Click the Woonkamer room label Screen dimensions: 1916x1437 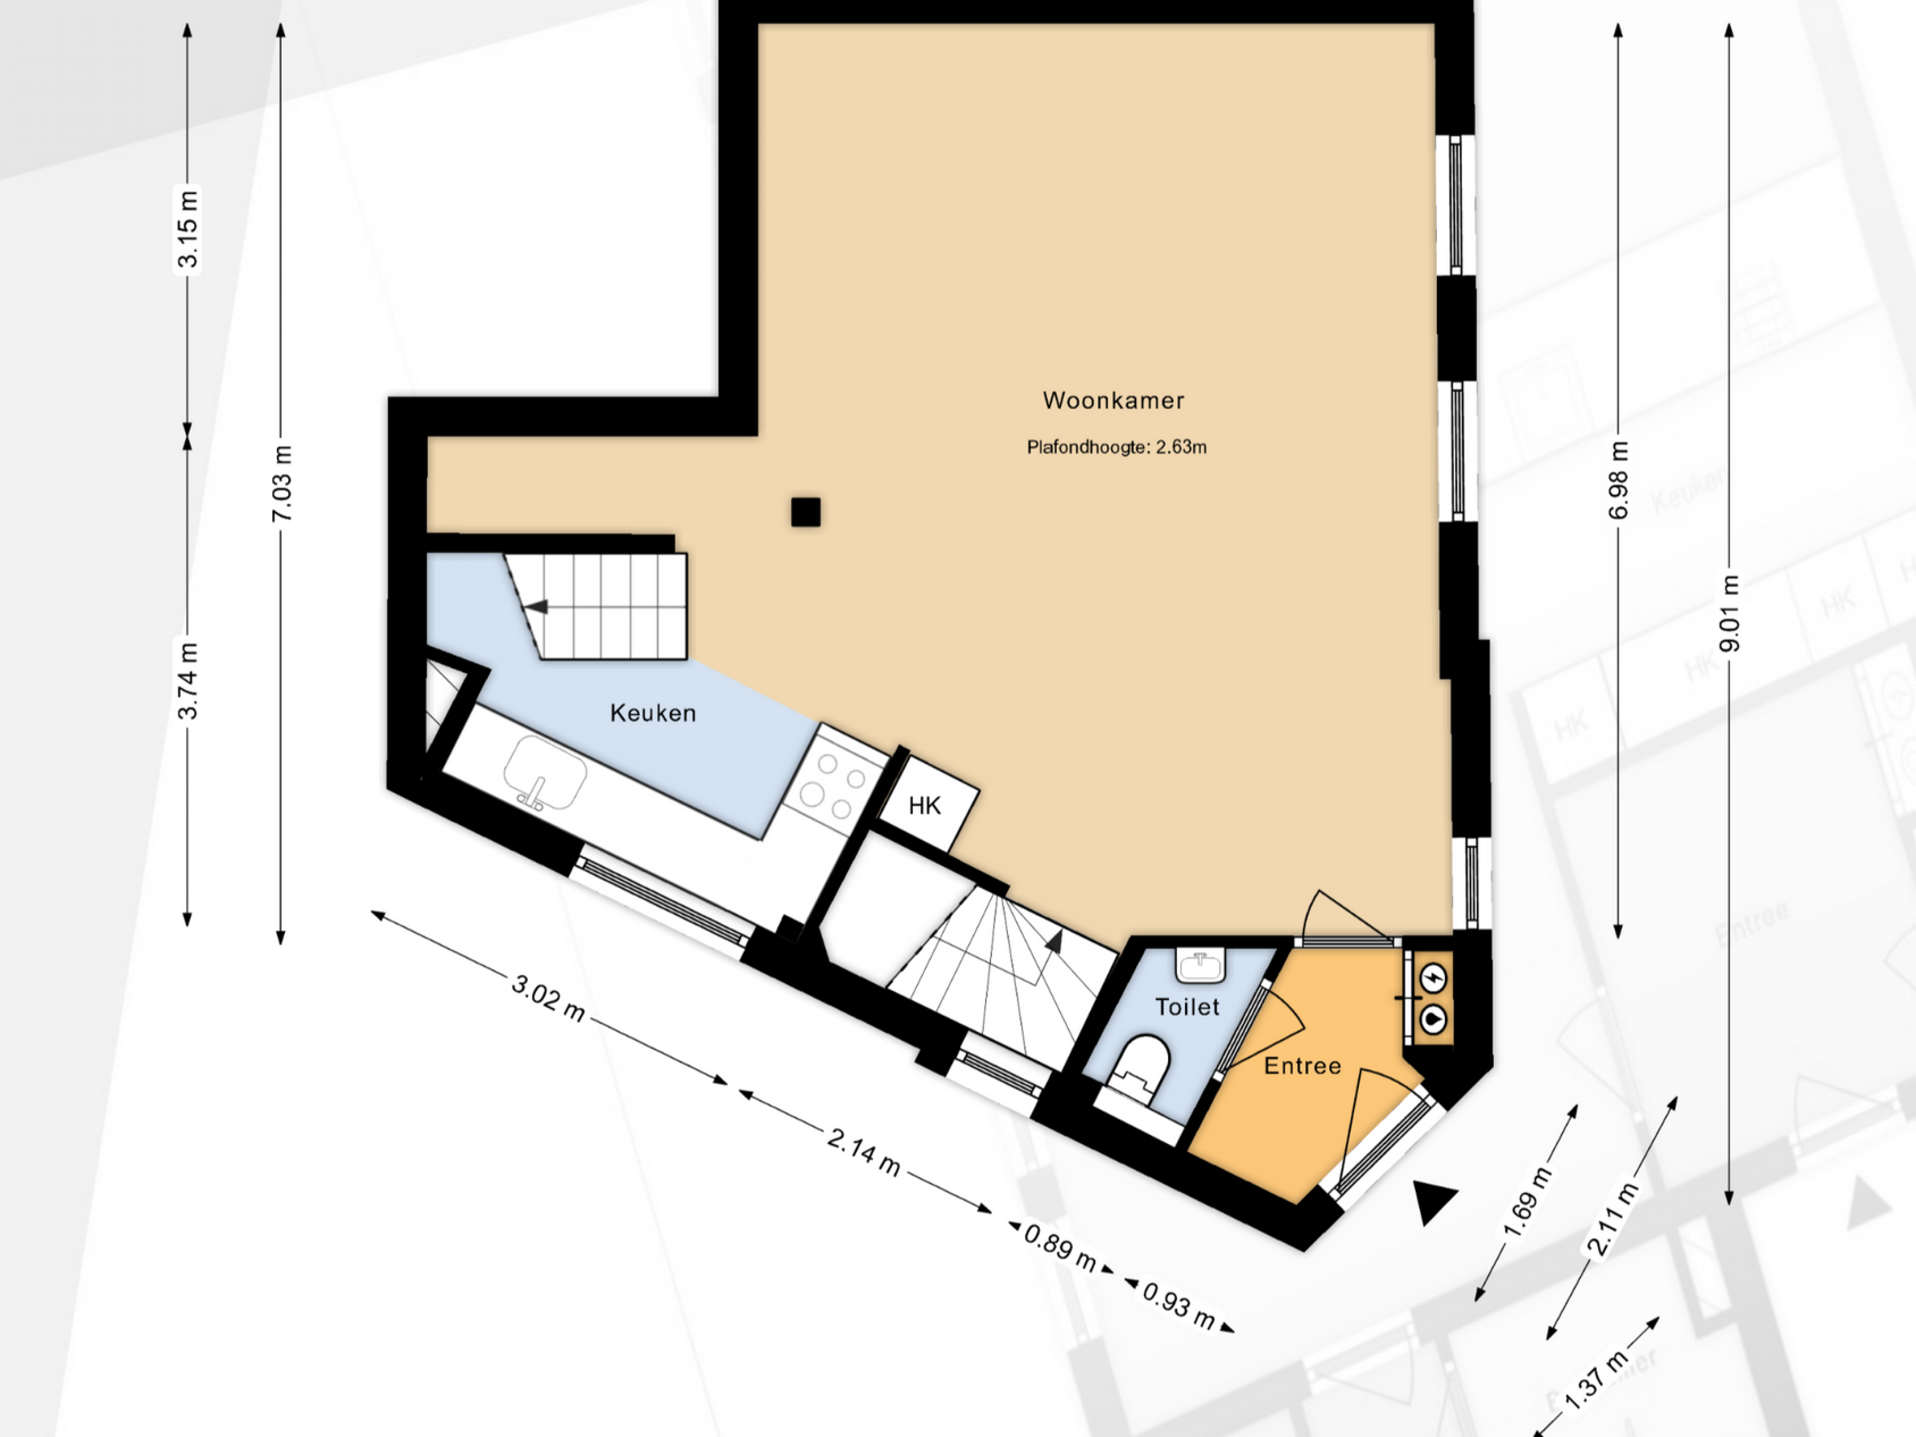[x=1113, y=400]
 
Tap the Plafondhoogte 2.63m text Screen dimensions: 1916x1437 [x=1117, y=447]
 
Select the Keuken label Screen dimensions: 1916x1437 [x=653, y=713]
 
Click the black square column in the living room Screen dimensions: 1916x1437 [x=805, y=512]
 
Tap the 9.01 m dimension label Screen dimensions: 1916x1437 [x=1729, y=613]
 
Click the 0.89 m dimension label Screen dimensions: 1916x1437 [x=1060, y=1247]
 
